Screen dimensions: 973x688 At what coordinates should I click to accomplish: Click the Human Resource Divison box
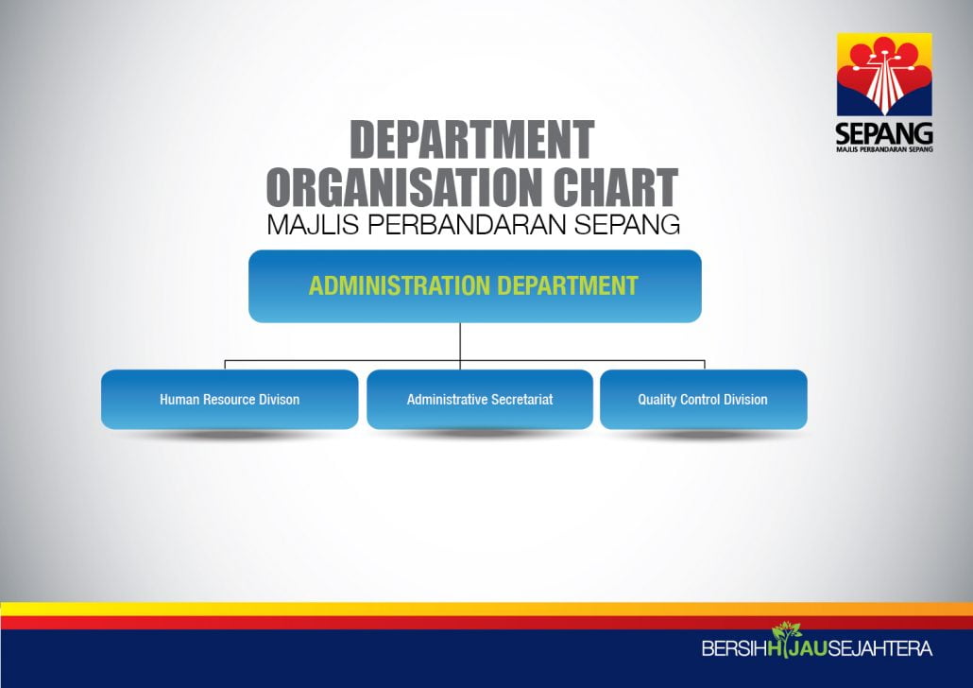coord(230,399)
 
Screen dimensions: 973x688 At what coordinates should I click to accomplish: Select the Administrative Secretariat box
coord(480,399)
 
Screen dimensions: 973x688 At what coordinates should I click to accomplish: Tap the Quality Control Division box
coord(703,399)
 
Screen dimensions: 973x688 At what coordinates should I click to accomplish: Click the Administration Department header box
coord(475,286)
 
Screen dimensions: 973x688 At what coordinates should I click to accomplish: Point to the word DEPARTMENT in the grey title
coord(472,140)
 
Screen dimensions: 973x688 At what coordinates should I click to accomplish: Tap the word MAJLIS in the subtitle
coord(313,225)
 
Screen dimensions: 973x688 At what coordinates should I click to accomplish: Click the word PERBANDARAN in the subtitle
coord(467,225)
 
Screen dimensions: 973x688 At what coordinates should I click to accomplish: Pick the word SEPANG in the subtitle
coord(626,225)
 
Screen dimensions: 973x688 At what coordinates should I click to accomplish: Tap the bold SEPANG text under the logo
coord(884,133)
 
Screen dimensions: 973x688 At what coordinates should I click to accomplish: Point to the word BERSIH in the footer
coord(734,649)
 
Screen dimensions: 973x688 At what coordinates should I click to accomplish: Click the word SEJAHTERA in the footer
coord(879,649)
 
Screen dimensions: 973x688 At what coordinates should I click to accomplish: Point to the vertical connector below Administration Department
coord(460,346)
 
